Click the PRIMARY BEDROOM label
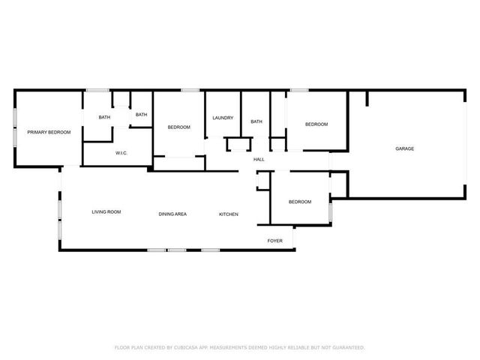pos(49,133)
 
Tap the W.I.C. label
pos(121,153)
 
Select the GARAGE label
pos(404,148)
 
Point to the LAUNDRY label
pos(223,118)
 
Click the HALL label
pos(259,160)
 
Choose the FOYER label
pos(275,241)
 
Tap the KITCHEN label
pos(229,214)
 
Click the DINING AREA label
pos(172,214)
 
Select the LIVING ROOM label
pos(106,212)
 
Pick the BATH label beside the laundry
pos(256,121)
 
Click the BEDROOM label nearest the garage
pos(316,124)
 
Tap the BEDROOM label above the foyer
pos(300,202)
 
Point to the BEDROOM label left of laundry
pos(178,127)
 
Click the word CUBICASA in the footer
pos(185,347)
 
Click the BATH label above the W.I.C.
pos(104,118)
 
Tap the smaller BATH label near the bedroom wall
pos(141,114)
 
